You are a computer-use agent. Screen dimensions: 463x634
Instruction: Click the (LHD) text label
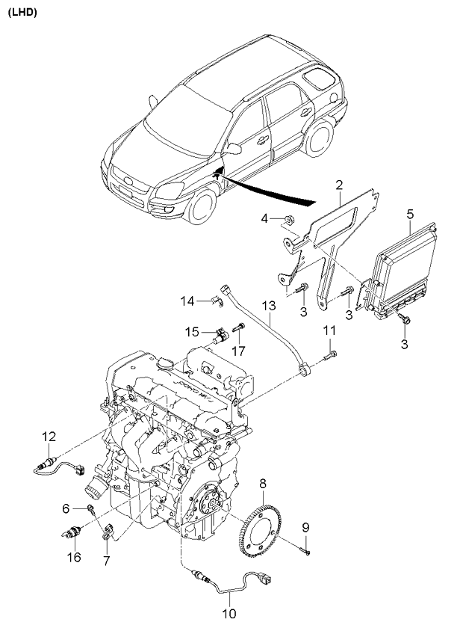[22, 13]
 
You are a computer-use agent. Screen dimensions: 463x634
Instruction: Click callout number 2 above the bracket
[339, 185]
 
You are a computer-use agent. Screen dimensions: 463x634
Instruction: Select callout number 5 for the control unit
[410, 214]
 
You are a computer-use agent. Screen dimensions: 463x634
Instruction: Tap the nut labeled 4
[288, 220]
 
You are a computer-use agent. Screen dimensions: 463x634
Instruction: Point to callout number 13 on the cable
[269, 305]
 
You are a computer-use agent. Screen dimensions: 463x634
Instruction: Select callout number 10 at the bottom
[229, 613]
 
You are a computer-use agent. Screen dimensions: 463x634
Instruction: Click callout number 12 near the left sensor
[49, 437]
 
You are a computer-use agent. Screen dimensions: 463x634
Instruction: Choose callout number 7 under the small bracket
[107, 561]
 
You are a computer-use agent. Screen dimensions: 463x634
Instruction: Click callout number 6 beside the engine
[66, 508]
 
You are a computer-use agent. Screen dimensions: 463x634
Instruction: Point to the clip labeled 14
[218, 301]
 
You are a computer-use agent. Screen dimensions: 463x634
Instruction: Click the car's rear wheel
[319, 138]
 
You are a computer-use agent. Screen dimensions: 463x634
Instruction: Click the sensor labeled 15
[221, 336]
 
